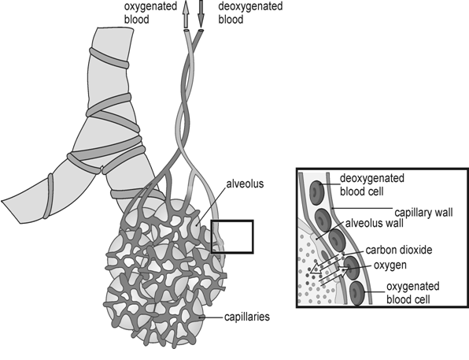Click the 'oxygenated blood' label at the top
pos(150,13)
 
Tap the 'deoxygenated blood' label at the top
pos(250,13)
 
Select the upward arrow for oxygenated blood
pos(186,14)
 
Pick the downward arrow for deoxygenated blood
pos(201,14)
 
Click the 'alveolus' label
pos(245,184)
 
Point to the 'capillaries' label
pos(247,317)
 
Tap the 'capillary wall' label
pos(423,213)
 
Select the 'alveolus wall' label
pos(375,223)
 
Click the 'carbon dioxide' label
pos(399,250)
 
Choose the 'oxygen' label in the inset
pos(390,265)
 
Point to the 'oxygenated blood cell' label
pos(413,292)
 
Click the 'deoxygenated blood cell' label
pos(372,184)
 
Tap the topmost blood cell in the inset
pos(317,192)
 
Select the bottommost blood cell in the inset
pos(357,293)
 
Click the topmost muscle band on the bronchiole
pos(109,58)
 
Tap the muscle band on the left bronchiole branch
pos(49,196)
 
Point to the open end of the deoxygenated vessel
pos(201,31)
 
